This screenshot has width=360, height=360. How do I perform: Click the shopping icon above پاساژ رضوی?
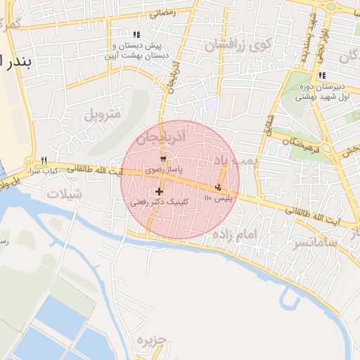point(163,160)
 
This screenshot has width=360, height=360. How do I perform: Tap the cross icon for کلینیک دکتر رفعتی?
point(160,191)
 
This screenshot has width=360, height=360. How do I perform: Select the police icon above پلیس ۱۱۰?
point(219,187)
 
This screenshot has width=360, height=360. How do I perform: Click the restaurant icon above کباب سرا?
point(44,160)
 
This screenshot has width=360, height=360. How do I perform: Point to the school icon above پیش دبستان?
point(136,34)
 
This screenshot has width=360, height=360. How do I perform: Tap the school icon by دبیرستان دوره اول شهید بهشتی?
point(321,76)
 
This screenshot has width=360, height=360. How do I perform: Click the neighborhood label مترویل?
point(103,114)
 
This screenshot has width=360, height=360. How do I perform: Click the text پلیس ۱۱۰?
point(218,199)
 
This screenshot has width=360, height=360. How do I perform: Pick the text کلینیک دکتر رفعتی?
point(151,202)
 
